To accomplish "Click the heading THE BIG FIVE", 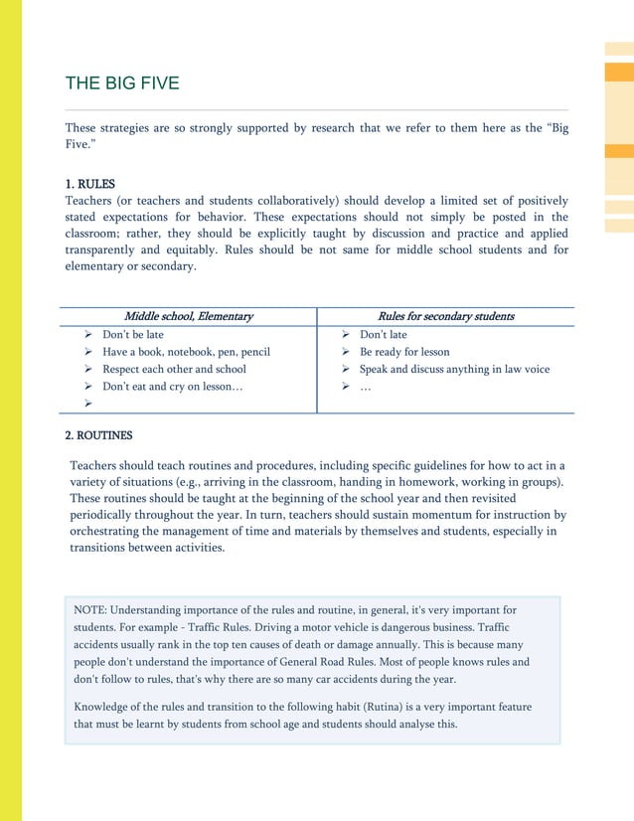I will (x=122, y=82).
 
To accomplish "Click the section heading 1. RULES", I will (x=89, y=184).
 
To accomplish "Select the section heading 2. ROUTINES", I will (x=98, y=435).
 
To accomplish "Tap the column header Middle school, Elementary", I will (x=188, y=316).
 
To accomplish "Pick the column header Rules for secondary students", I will (x=446, y=316).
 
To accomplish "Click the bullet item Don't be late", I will (x=133, y=335).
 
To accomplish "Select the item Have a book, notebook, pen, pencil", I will (x=186, y=352).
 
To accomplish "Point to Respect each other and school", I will (x=174, y=369).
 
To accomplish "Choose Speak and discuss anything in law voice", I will (x=454, y=369).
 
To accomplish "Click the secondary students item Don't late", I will (x=384, y=335).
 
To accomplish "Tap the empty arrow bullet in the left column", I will (x=88, y=404).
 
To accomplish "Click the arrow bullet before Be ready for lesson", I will (x=346, y=352).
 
